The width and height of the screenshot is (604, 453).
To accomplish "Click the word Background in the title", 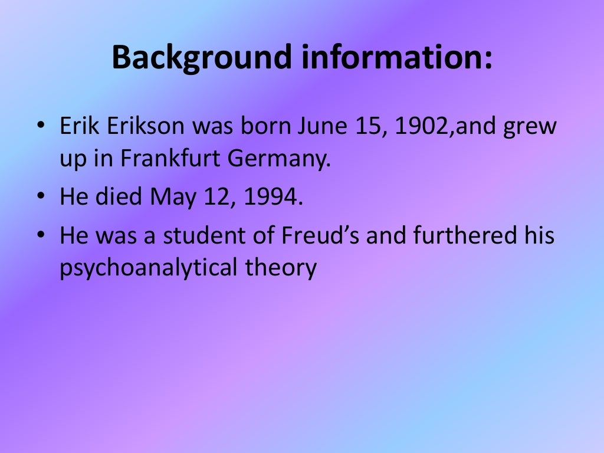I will (x=201, y=58).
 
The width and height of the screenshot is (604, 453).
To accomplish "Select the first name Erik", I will (x=80, y=127).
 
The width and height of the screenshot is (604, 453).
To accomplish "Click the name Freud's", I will (x=319, y=235).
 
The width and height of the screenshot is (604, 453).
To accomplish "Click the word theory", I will (x=280, y=268).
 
